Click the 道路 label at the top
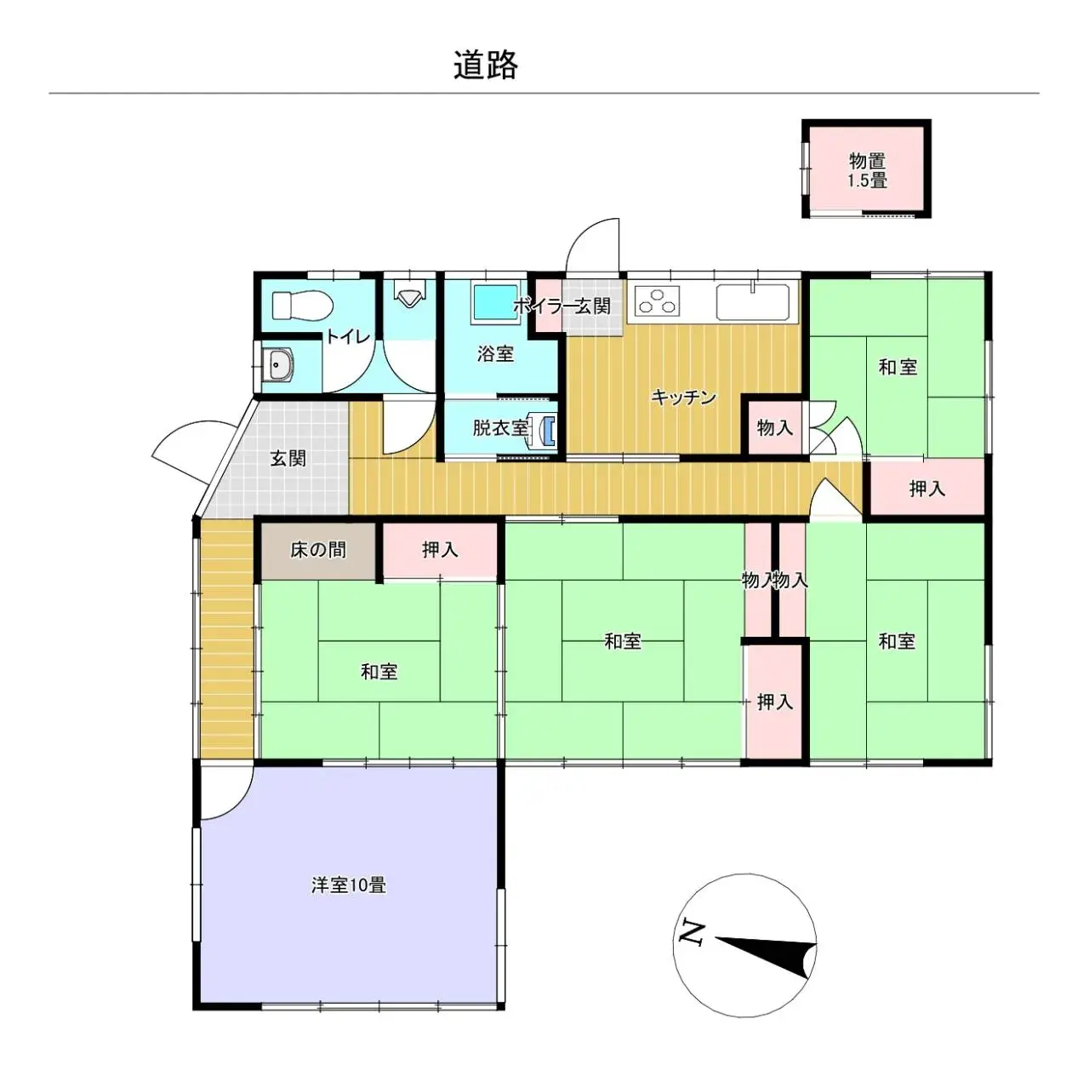[485, 65]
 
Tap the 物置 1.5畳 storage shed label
[867, 170]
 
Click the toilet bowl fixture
[300, 303]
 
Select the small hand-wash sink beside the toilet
[278, 365]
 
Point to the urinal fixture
[409, 295]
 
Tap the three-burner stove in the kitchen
[657, 301]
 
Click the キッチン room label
[684, 397]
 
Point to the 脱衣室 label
[499, 427]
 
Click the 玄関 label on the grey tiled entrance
[288, 458]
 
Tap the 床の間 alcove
[318, 550]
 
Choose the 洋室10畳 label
[348, 885]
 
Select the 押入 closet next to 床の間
[440, 550]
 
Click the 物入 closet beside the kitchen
[774, 427]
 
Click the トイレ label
[348, 337]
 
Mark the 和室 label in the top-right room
[898, 367]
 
